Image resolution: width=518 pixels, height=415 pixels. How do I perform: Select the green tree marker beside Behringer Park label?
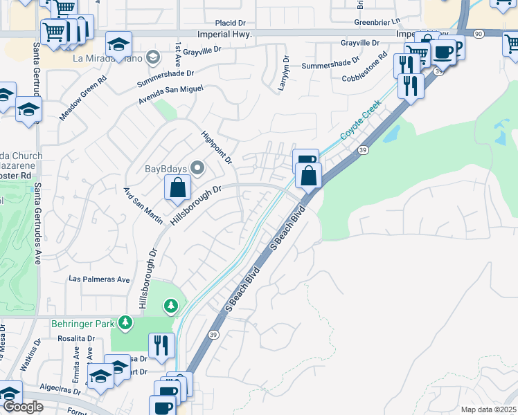click(125, 322)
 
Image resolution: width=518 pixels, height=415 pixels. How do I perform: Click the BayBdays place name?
click(166, 168)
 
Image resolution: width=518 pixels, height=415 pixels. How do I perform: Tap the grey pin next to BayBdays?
click(197, 168)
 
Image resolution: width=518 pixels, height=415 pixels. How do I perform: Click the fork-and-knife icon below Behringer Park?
click(161, 345)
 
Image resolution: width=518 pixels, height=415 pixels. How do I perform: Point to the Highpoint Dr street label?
click(216, 147)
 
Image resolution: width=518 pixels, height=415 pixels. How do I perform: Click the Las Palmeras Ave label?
click(99, 279)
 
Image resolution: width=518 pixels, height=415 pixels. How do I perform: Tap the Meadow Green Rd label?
click(82, 98)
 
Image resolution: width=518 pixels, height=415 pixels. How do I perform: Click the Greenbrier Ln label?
click(377, 21)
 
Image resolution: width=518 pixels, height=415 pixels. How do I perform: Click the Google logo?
click(23, 407)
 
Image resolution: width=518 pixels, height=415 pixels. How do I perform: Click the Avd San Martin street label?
click(143, 205)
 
